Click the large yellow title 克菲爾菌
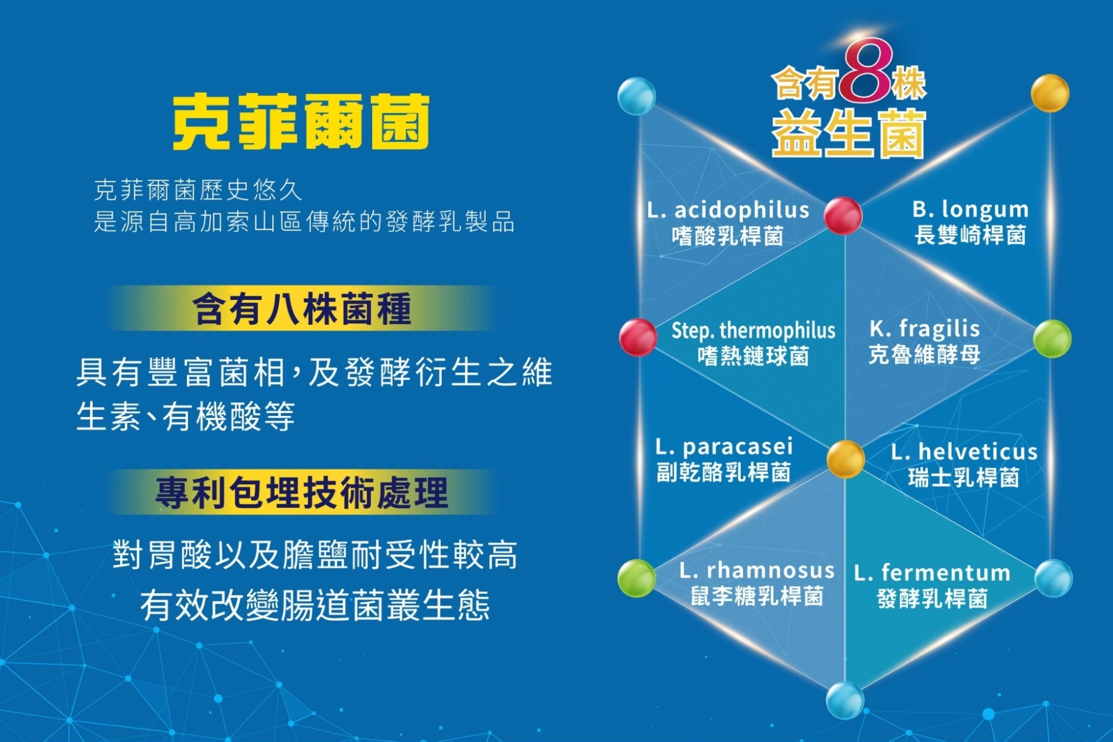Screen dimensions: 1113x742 pyautogui.click(x=301, y=121)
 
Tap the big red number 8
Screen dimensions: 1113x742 pyautogui.click(x=866, y=71)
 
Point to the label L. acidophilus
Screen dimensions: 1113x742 pyautogui.click(x=728, y=210)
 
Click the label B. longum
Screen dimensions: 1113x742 pyautogui.click(x=971, y=210)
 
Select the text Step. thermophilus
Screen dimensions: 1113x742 pyautogui.click(x=754, y=331)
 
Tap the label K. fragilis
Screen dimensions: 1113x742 pyautogui.click(x=924, y=329)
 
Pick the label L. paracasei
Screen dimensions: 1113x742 pyautogui.click(x=724, y=447)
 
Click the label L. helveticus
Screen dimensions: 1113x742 pyautogui.click(x=964, y=451)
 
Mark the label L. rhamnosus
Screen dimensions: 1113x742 pyautogui.click(x=757, y=571)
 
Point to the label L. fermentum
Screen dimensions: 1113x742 pyautogui.click(x=932, y=573)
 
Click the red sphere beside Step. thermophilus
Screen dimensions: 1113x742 pyautogui.click(x=638, y=337)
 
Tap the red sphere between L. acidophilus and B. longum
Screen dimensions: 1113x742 pyautogui.click(x=843, y=215)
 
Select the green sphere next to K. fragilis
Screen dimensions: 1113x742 pyautogui.click(x=1052, y=338)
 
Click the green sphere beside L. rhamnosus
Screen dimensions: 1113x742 pyautogui.click(x=637, y=578)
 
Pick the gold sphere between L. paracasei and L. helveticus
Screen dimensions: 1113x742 pyautogui.click(x=846, y=459)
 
